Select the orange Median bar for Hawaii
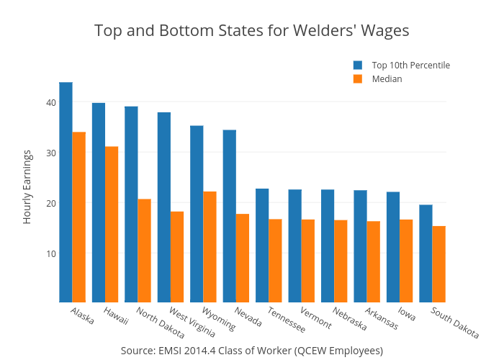[112, 224]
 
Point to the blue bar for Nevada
[230, 216]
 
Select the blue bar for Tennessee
[262, 246]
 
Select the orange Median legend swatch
[357, 79]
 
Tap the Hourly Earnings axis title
[27, 186]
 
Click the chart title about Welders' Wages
[251, 31]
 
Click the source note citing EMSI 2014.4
[251, 351]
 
